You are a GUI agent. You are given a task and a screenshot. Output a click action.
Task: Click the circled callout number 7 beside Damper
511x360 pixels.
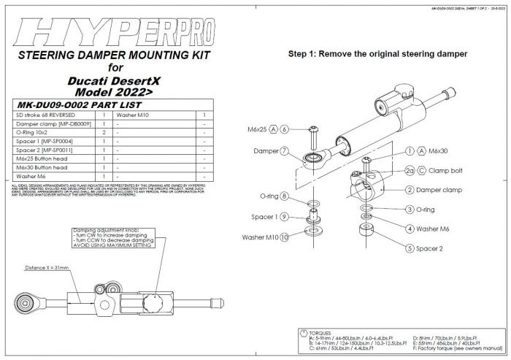pyautogui.click(x=285, y=152)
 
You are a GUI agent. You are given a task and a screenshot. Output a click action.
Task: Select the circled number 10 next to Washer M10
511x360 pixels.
pyautogui.click(x=285, y=237)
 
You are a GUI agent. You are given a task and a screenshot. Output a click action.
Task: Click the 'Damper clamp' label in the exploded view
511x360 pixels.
pyautogui.click(x=439, y=190)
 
